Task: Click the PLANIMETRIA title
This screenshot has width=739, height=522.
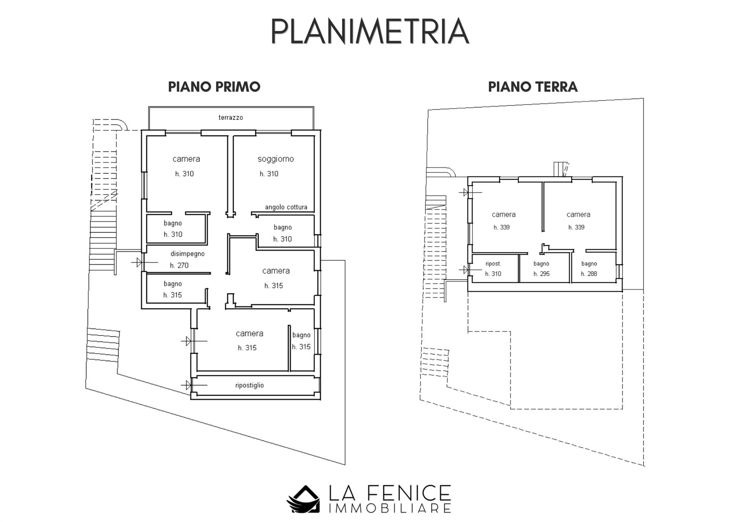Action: (370, 31)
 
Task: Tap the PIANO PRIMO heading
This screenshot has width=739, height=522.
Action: (214, 87)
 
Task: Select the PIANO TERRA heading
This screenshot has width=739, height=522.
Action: (533, 87)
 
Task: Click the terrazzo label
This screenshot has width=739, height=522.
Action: (231, 117)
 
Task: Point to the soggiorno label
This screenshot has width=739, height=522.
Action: (276, 159)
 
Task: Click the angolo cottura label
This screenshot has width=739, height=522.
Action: (286, 207)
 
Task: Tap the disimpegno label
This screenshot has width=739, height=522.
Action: (187, 254)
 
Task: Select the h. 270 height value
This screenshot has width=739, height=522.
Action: (179, 265)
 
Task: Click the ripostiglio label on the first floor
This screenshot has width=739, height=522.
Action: (249, 385)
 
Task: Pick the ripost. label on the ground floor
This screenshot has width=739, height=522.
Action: (493, 264)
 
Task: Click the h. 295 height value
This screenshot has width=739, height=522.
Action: (542, 274)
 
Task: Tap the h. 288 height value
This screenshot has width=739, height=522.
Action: (589, 274)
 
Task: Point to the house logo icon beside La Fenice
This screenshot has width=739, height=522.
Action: (303, 499)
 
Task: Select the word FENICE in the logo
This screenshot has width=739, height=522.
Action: (410, 493)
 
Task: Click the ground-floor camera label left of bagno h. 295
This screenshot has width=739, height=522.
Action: (503, 215)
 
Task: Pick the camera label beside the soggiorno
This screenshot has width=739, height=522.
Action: (186, 159)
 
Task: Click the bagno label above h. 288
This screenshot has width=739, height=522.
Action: (589, 264)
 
